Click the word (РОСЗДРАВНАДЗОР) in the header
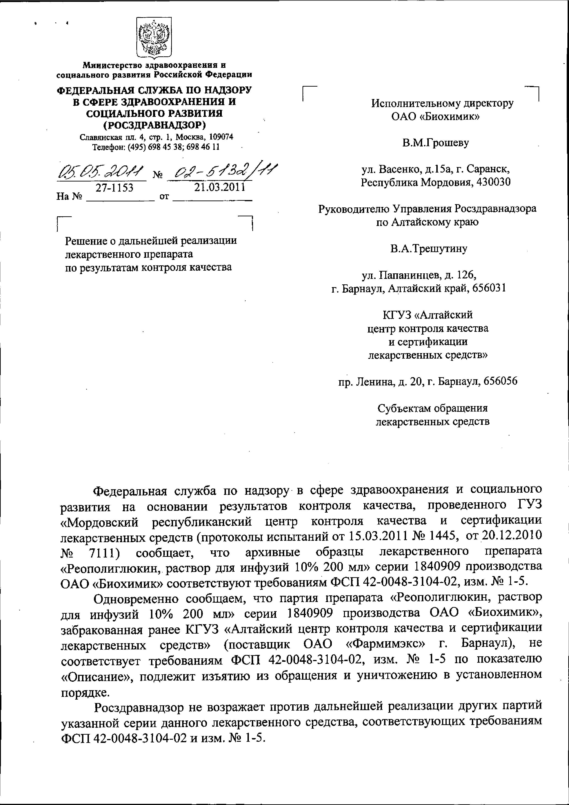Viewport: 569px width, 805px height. click(x=154, y=125)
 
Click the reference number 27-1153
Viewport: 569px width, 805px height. click(x=115, y=188)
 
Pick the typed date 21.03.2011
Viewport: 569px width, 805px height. click(x=220, y=187)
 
